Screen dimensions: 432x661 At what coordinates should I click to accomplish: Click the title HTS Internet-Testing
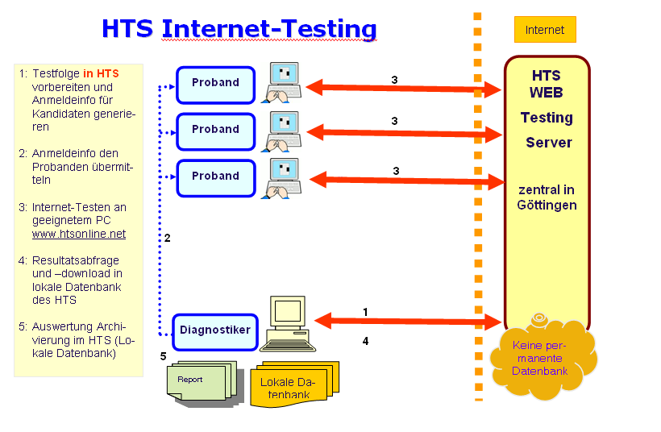(x=239, y=28)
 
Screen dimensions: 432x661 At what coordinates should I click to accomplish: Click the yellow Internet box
(x=545, y=30)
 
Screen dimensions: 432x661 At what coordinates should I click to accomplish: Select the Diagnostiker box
(x=215, y=330)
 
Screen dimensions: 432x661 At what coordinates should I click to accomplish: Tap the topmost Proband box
(x=215, y=83)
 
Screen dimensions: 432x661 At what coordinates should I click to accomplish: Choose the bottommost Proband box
(x=215, y=177)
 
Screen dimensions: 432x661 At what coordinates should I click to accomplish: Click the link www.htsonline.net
(x=79, y=234)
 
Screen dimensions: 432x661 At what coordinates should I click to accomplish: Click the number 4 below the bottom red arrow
(x=365, y=341)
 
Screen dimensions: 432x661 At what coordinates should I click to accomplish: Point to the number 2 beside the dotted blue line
(x=168, y=238)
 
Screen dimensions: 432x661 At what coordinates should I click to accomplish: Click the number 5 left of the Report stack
(x=163, y=355)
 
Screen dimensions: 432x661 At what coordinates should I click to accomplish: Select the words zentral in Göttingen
(x=546, y=197)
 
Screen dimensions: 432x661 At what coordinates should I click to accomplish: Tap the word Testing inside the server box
(x=546, y=118)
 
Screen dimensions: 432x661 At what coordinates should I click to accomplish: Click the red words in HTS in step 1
(x=101, y=73)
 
